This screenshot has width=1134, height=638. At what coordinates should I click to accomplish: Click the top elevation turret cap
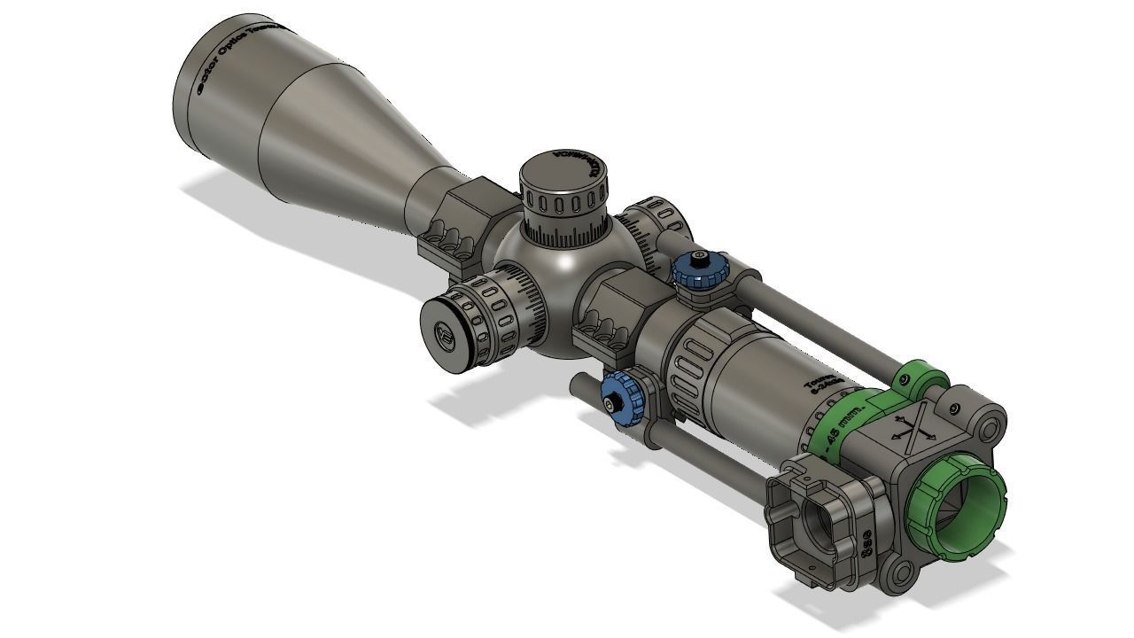(x=563, y=173)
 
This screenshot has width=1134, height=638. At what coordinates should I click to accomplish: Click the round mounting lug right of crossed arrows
(x=990, y=425)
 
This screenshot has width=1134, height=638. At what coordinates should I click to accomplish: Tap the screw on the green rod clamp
(x=904, y=380)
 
